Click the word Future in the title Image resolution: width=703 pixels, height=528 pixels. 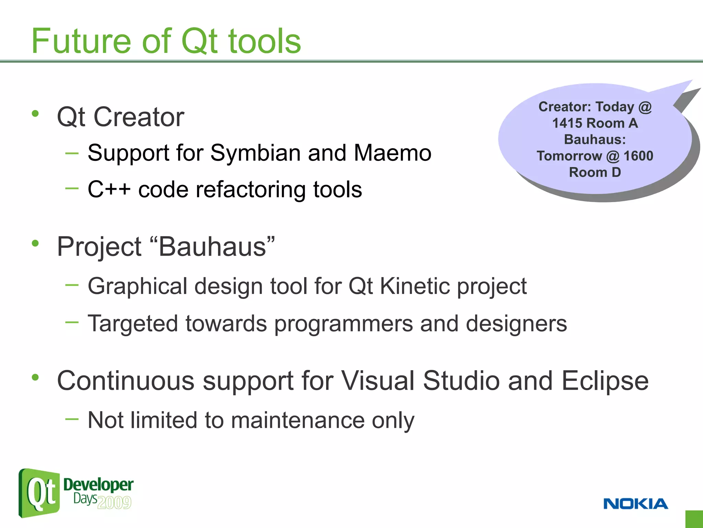pos(81,41)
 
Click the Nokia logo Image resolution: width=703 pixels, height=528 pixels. pos(635,504)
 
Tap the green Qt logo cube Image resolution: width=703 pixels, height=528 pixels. pos(39,493)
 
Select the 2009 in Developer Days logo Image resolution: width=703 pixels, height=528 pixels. pos(114,503)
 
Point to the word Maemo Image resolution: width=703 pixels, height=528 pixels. pos(392,153)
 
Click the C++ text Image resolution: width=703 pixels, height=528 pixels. pos(109,189)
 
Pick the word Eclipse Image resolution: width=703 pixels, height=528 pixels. pos(605,381)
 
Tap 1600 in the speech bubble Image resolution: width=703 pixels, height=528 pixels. pos(638,156)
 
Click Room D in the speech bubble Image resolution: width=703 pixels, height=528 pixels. pos(595,172)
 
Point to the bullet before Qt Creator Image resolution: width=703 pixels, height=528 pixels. pos(35,113)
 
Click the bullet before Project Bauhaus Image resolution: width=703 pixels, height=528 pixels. pos(35,243)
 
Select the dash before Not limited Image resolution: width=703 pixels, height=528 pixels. pos(72,419)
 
